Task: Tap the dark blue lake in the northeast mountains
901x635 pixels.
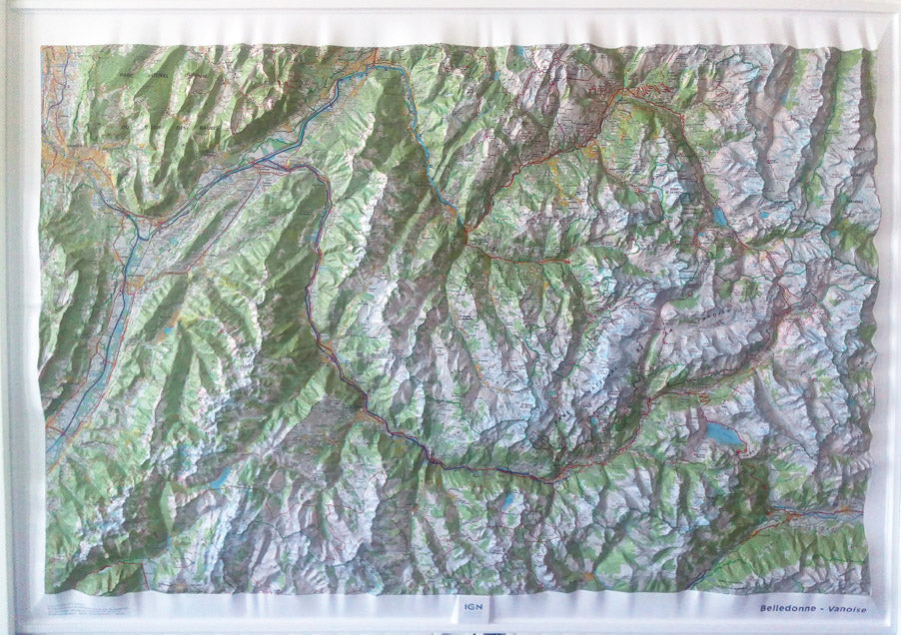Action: [x=720, y=215]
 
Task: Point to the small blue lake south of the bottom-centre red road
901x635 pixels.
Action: [x=510, y=499]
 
